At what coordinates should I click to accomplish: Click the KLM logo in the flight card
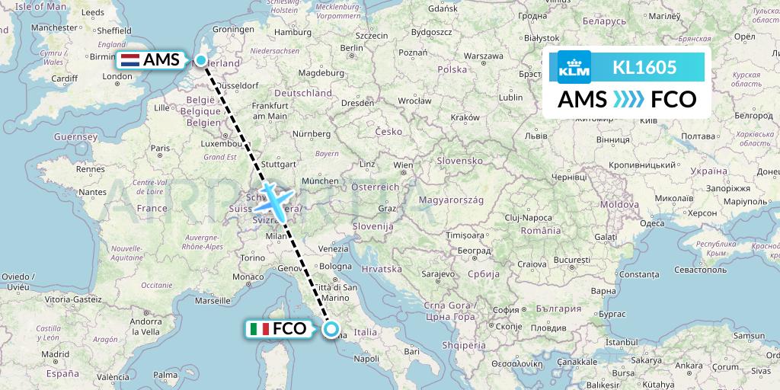(x=574, y=67)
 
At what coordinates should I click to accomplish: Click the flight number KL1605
(x=644, y=67)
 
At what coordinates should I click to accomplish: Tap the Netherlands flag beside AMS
(x=129, y=61)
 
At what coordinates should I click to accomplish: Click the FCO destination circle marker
(x=331, y=329)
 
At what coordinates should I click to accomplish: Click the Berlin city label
(x=351, y=47)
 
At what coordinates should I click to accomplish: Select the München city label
(x=320, y=181)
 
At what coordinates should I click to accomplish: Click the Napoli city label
(x=366, y=358)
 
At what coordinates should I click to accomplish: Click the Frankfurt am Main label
(x=270, y=110)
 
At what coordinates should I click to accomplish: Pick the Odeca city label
(x=651, y=223)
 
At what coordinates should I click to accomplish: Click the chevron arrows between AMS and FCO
(x=627, y=100)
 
